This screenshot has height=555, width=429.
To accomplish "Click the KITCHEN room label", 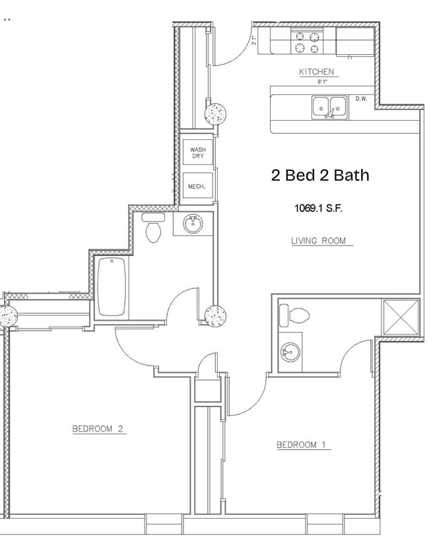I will point(317,72).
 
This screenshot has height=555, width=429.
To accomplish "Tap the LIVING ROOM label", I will point(319,242).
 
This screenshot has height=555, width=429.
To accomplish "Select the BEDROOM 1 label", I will point(302,445).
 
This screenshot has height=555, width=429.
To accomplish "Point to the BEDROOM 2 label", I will point(98,429).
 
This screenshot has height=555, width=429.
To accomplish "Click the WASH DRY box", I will point(197,153).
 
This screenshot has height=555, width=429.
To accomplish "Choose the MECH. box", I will point(197,187).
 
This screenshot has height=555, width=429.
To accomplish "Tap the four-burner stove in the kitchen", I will point(308,42).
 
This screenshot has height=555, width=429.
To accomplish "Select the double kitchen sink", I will point(329,106).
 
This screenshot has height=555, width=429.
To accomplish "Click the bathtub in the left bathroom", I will point(113,288).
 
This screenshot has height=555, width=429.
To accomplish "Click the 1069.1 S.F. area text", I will point(318,209).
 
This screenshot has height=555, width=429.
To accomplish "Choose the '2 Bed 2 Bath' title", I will point(320,176).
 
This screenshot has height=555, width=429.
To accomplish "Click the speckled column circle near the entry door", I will point(216,114).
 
